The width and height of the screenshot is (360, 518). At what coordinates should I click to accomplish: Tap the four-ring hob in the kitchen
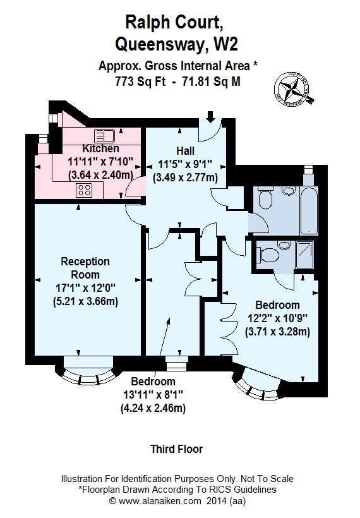(85, 188)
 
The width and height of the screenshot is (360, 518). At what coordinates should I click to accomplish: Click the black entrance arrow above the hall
(210, 117)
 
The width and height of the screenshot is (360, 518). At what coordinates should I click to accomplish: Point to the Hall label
(185, 151)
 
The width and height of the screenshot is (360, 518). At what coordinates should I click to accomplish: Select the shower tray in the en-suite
(304, 256)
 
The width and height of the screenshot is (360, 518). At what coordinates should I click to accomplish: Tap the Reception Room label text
(85, 268)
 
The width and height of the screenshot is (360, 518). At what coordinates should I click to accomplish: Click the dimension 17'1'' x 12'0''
(85, 287)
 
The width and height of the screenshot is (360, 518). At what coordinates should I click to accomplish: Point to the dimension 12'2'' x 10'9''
(277, 318)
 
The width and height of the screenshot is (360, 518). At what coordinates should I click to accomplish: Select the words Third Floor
(176, 449)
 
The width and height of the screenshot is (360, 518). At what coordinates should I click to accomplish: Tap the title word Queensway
(159, 44)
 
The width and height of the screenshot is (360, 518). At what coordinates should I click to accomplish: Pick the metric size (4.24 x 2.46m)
(153, 408)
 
